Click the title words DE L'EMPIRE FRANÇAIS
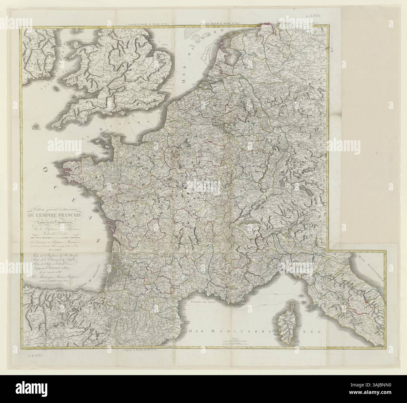pos(55,215)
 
